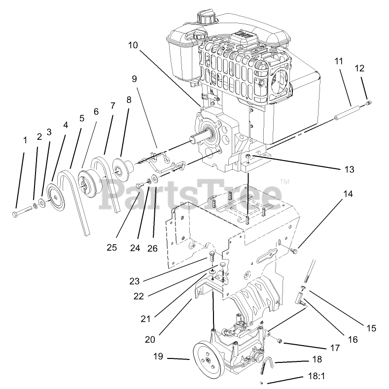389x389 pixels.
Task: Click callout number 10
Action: point(133,45)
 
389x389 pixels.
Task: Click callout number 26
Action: point(152,248)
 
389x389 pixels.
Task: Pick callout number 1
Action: point(25,140)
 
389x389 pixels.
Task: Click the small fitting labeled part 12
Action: point(370,103)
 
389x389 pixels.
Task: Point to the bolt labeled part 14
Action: point(295,252)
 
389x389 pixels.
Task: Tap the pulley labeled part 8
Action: point(119,166)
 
